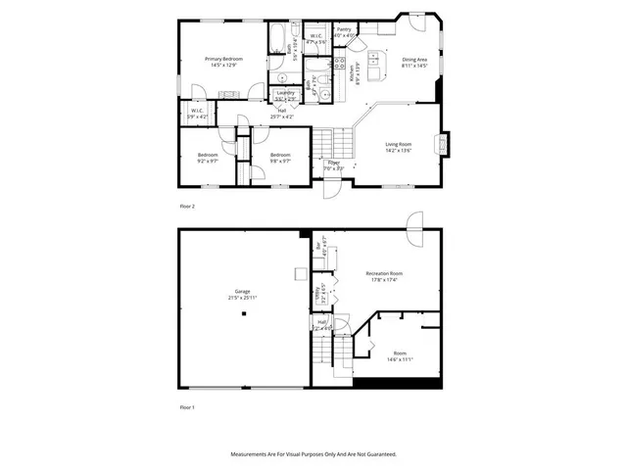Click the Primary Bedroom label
223,60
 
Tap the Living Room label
398,144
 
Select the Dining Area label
415,60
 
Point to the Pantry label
344,29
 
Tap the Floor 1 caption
187,406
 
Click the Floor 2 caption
187,207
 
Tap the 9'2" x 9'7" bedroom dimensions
208,160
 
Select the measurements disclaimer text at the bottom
313,454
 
